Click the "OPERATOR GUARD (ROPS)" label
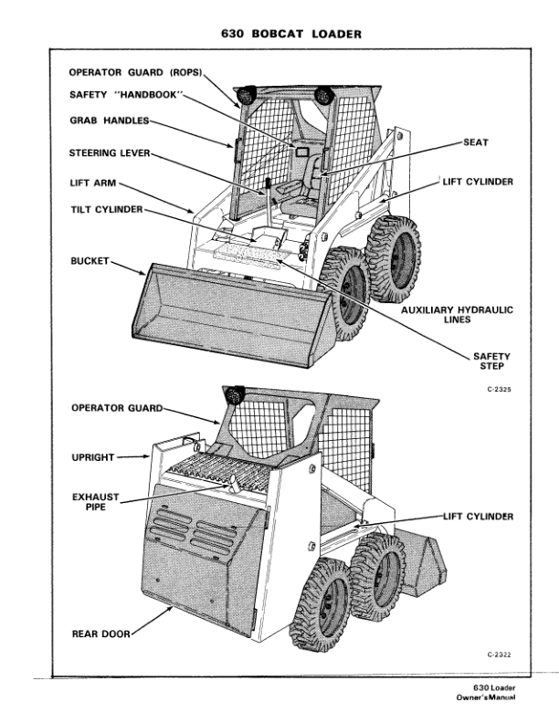point(135,71)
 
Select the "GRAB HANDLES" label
point(108,120)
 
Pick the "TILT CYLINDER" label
point(106,209)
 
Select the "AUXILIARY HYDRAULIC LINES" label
point(458,315)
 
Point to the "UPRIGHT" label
point(94,453)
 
